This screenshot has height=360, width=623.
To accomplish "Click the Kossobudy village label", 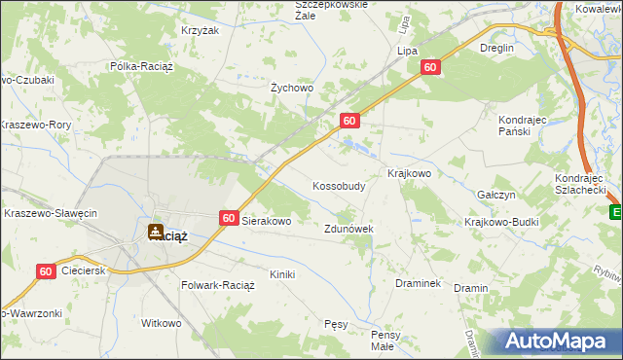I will (339, 186).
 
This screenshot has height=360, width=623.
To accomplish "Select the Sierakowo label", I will (267, 222).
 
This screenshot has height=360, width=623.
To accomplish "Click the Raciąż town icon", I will (155, 232).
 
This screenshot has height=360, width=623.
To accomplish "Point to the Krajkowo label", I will (409, 173).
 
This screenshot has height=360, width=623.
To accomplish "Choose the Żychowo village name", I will (291, 88).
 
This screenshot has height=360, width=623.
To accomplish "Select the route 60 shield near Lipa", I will (432, 67).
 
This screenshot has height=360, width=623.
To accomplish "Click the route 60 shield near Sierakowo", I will (229, 220).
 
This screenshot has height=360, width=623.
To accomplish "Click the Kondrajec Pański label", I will (526, 126).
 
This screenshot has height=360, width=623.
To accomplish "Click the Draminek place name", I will (419, 283).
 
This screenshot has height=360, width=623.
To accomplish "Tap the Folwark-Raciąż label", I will (218, 286).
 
